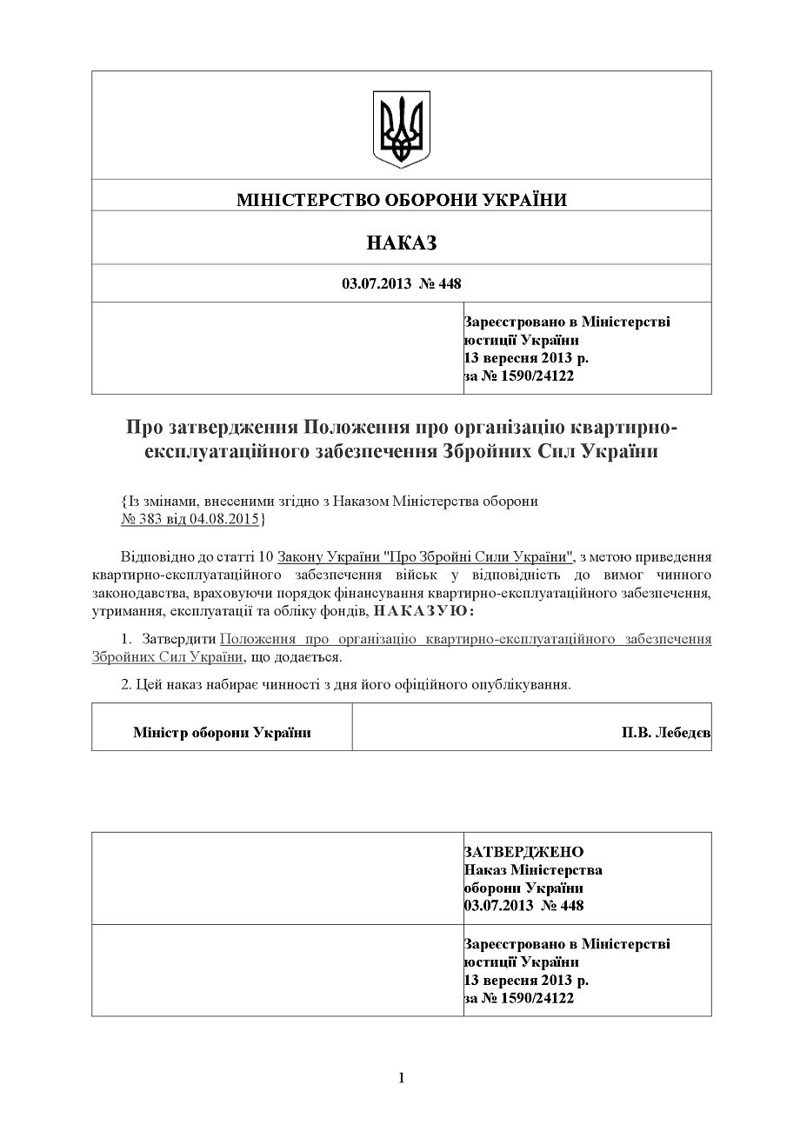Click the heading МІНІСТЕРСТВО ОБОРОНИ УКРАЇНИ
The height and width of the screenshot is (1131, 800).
click(x=402, y=200)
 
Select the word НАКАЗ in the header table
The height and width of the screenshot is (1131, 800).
click(x=402, y=243)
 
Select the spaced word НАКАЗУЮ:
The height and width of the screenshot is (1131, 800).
click(x=424, y=612)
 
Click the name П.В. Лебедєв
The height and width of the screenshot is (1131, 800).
click(x=665, y=733)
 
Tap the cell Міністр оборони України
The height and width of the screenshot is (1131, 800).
click(x=222, y=733)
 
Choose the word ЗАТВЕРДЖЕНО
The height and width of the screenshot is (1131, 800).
click(x=524, y=851)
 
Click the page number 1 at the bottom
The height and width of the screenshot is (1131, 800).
click(x=402, y=1078)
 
